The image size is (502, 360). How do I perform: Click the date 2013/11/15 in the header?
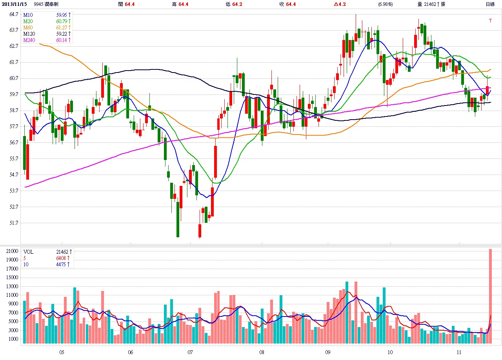pos(15,4)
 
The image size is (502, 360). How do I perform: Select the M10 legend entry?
pos(28,15)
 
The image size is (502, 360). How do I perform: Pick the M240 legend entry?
pos(29,40)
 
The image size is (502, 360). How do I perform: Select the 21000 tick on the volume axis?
pos(12,251)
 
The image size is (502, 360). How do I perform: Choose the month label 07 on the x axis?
pos(190,352)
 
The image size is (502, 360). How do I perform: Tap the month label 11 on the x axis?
pos(460,352)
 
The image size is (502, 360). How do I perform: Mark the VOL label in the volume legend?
pos(28,252)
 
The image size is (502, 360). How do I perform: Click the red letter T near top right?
pos(490,21)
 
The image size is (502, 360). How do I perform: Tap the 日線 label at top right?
pos(490,4)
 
